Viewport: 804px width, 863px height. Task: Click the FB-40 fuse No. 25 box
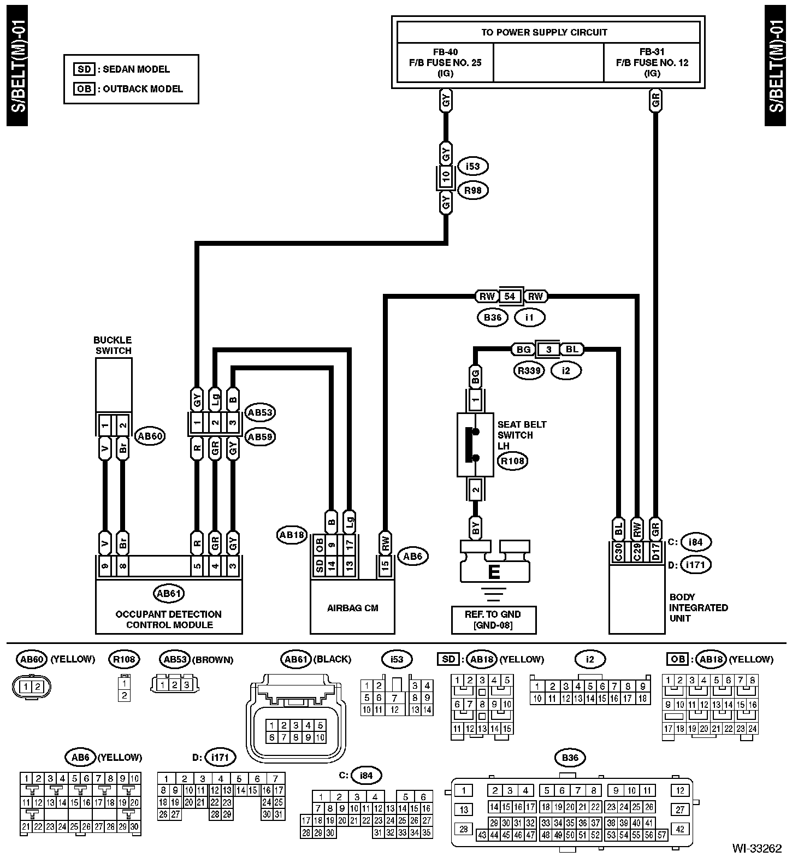[445, 63]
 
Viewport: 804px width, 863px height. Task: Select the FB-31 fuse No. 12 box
[652, 63]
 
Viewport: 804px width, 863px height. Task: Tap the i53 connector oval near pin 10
[473, 166]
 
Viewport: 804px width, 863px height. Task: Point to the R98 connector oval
[473, 191]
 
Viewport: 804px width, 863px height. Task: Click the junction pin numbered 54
[509, 297]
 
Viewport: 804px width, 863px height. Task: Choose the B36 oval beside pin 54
[492, 317]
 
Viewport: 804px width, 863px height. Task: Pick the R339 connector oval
[529, 371]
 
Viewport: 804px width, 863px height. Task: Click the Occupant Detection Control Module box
[169, 607]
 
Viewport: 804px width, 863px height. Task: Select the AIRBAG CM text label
[352, 608]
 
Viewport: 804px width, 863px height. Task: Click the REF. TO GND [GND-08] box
[493, 619]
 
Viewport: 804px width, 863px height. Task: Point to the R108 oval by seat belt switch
[513, 461]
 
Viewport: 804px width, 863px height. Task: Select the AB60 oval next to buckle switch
[150, 436]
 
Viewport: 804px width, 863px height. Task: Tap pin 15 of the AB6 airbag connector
[385, 566]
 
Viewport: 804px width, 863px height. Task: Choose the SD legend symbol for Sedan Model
[84, 69]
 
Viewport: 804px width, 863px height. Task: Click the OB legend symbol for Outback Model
[84, 89]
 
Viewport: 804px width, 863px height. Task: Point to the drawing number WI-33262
[756, 848]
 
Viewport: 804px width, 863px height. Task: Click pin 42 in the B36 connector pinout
[680, 829]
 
